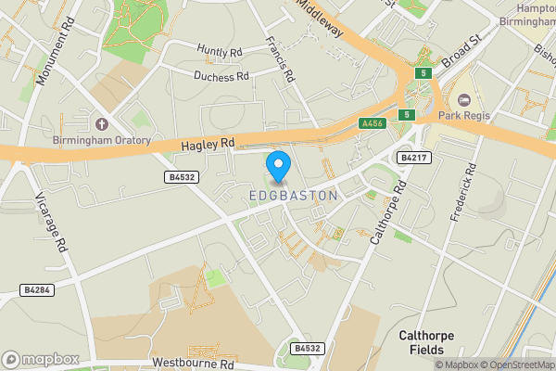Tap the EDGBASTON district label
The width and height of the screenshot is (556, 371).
(x=294, y=197)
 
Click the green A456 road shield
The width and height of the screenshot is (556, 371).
(x=373, y=123)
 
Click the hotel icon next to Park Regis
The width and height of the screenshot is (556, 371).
(x=463, y=100)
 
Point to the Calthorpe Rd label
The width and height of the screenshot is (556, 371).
(x=387, y=212)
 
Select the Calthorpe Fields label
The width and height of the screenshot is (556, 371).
(x=430, y=343)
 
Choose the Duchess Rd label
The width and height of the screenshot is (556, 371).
(x=221, y=76)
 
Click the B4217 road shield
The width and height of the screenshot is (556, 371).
(x=413, y=158)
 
